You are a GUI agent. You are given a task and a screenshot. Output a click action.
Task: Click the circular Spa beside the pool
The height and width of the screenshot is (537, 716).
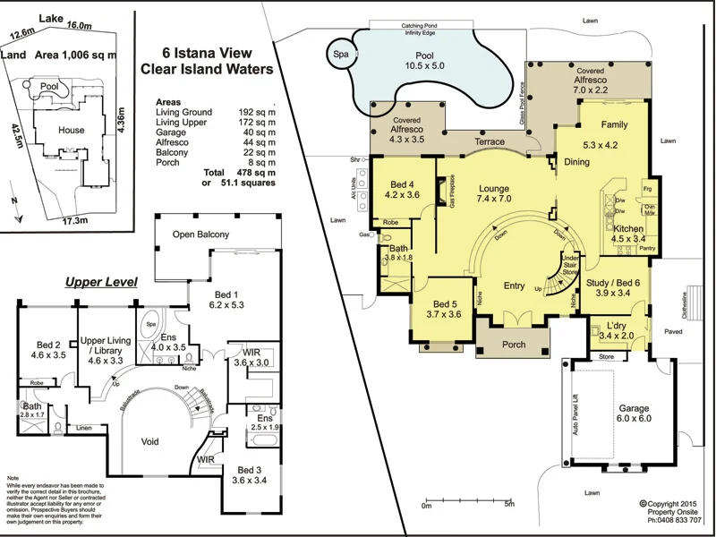click(341, 53)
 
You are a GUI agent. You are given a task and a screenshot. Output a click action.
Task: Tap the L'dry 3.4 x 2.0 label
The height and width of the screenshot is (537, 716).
click(616, 330)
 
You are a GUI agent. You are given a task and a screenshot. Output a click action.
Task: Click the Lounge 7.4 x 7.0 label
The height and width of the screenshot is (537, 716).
click(494, 195)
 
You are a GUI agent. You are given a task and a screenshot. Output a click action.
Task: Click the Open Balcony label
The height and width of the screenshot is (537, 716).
click(200, 234)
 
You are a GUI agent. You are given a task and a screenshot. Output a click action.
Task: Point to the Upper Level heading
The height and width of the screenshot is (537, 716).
click(100, 282)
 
